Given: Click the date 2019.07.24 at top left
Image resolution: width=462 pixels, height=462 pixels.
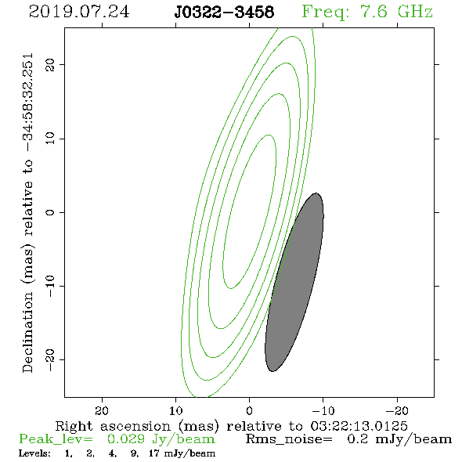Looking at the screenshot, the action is click(x=79, y=12).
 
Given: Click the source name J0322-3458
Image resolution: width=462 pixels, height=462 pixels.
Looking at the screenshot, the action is click(x=224, y=12).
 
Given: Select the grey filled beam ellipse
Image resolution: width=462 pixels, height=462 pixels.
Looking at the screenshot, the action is click(x=294, y=282).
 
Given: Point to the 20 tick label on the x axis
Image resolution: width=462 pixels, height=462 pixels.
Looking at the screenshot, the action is click(x=102, y=410).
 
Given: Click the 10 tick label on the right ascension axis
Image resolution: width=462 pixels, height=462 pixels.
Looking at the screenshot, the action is click(x=175, y=410).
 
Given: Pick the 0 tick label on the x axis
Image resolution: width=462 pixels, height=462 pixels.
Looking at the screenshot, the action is click(x=249, y=410).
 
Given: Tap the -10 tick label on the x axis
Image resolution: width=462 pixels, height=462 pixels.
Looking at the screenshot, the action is click(x=323, y=410).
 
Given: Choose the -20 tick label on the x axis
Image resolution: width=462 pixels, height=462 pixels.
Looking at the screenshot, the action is click(x=397, y=410).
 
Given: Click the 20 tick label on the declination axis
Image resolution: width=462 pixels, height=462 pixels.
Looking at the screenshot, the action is click(x=50, y=64).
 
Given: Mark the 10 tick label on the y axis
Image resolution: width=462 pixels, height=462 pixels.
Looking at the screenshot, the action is click(x=50, y=139).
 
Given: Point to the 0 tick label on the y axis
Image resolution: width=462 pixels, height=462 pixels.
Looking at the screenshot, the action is click(x=50, y=212).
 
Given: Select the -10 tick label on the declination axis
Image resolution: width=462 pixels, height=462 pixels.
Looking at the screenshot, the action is click(x=50, y=286).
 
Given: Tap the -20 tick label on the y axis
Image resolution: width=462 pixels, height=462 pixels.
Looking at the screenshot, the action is click(x=50, y=359).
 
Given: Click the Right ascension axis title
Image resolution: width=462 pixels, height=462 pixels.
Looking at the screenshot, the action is click(x=232, y=426).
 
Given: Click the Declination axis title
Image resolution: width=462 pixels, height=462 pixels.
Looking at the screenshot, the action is click(x=27, y=213).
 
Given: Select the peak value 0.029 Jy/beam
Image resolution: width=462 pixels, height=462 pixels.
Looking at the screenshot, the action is click(x=161, y=439).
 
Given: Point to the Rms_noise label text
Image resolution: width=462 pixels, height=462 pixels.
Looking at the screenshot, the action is click(x=289, y=439).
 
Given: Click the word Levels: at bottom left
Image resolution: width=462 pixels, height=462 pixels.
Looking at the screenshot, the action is click(x=34, y=453).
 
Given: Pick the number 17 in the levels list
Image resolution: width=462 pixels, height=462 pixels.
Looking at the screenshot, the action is click(x=154, y=453).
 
